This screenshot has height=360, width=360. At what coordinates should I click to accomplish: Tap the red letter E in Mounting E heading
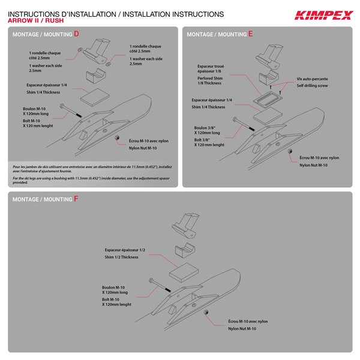click(250, 34)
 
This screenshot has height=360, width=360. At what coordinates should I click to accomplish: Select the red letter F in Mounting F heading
click(76, 199)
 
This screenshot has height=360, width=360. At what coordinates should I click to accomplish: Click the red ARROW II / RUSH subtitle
click(37, 20)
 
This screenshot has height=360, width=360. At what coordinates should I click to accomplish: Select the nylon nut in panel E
click(287, 154)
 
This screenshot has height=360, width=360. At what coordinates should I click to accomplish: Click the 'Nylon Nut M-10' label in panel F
click(242, 329)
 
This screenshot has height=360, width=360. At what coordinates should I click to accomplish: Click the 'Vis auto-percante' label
click(313, 79)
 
